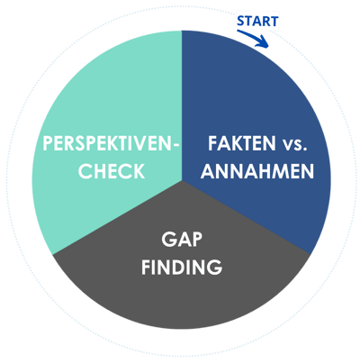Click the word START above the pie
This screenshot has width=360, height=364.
coord(257,22)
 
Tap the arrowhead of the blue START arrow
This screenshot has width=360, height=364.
coord(264,42)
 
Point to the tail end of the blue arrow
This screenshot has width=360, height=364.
coord(238,31)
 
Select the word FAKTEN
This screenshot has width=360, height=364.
coord(242,143)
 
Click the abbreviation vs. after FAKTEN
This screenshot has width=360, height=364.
coord(295,144)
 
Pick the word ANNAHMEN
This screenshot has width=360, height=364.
coord(257,171)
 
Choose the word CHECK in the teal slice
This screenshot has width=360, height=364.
coord(112,171)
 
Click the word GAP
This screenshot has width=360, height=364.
coord(182,240)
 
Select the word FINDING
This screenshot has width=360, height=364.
coord(182,267)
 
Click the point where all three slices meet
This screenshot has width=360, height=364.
coord(182,180)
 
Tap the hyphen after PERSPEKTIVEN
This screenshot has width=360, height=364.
coord(176,145)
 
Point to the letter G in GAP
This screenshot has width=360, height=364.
coord(168,240)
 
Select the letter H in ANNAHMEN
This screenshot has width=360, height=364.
coord(265,171)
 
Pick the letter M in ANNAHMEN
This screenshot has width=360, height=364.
coord(282,171)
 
